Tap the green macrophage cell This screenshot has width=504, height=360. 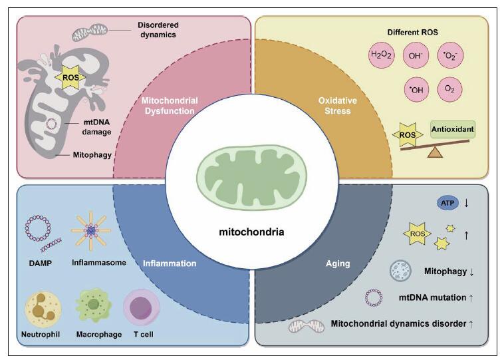coord(94,305)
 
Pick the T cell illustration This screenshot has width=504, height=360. coord(142,308)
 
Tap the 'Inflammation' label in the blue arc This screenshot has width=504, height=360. coord(170,264)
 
